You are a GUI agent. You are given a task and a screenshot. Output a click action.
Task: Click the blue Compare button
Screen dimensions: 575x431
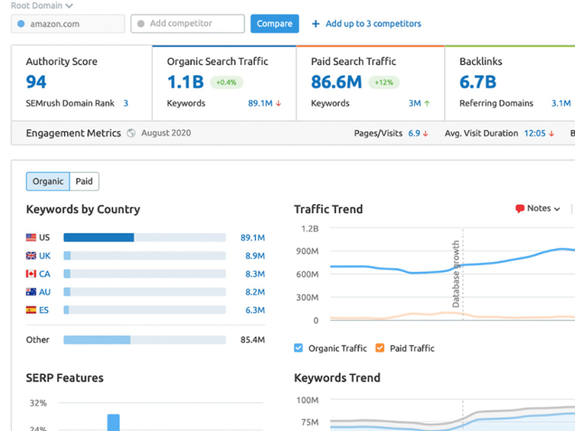pyautogui.click(x=275, y=24)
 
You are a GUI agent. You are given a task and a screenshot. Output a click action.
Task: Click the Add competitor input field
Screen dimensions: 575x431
pyautogui.click(x=187, y=24)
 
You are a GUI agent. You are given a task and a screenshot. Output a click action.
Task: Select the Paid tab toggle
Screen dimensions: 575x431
pyautogui.click(x=85, y=181)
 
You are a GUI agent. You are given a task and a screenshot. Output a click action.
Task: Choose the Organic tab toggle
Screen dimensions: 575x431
pyautogui.click(x=48, y=181)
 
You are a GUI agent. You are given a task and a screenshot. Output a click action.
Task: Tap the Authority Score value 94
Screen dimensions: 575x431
pyautogui.click(x=36, y=82)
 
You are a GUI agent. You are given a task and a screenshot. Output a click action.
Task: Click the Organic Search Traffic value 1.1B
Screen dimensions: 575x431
pyautogui.click(x=185, y=82)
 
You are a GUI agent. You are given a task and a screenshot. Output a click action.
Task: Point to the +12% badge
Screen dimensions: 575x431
pyautogui.click(x=384, y=82)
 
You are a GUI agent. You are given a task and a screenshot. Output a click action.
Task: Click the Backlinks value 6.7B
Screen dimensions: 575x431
pyautogui.click(x=478, y=82)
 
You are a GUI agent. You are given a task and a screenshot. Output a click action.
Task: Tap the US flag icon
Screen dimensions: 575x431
pyautogui.click(x=31, y=237)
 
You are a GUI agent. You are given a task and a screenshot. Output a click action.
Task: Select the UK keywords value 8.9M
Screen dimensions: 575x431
pyautogui.click(x=255, y=256)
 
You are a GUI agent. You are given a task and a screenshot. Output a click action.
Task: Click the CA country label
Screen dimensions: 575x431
pyautogui.click(x=45, y=274)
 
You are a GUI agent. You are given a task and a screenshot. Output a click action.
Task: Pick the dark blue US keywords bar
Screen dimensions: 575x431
pyautogui.click(x=99, y=237)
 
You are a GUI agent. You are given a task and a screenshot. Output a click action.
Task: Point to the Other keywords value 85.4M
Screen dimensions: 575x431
pyautogui.click(x=252, y=340)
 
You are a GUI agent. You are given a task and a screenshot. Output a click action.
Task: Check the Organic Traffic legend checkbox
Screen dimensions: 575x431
pyautogui.click(x=298, y=348)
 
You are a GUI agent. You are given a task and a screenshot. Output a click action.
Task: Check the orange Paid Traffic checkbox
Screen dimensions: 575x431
pyautogui.click(x=380, y=348)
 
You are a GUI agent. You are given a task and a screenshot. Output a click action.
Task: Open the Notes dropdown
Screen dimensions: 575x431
pyautogui.click(x=538, y=209)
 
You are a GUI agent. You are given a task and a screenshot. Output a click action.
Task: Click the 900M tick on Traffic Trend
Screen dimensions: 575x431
pyautogui.click(x=307, y=251)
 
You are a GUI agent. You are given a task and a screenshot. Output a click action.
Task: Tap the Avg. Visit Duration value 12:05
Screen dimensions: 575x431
pyautogui.click(x=535, y=133)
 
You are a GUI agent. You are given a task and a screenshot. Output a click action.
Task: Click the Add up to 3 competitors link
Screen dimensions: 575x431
pyautogui.click(x=373, y=24)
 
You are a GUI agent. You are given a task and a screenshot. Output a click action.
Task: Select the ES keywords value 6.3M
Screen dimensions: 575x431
pyautogui.click(x=255, y=310)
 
